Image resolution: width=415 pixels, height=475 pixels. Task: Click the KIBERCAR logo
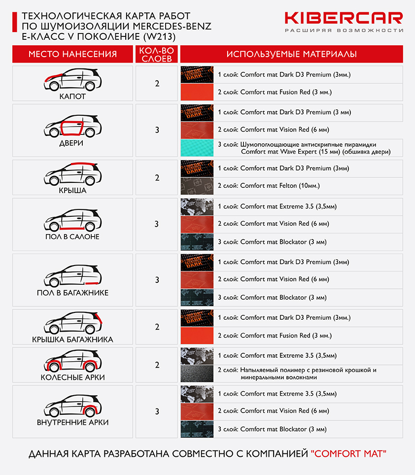pos(344,18)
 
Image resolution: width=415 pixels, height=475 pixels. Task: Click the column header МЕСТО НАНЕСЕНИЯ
pos(72,54)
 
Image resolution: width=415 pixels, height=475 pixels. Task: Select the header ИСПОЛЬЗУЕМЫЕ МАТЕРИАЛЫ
pos(291,54)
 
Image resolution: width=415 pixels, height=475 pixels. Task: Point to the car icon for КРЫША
pos(72,172)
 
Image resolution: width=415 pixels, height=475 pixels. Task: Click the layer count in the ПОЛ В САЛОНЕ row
pos(157,224)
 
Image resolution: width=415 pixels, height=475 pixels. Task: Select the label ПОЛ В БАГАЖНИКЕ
pos(72,293)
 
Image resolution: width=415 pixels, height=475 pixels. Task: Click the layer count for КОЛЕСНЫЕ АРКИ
pos(157,365)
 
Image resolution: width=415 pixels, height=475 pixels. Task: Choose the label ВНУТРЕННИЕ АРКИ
pos(72,422)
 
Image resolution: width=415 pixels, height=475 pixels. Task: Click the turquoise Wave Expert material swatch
pos(197,148)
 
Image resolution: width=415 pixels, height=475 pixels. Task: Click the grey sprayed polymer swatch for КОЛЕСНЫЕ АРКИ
pos(197,373)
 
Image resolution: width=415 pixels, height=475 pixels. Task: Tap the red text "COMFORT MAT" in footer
pos(348,453)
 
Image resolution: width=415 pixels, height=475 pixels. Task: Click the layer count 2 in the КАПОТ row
pos(157,83)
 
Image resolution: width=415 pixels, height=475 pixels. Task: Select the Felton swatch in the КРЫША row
pos(197,186)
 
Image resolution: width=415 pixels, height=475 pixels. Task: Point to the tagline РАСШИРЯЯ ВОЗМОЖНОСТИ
pos(344,31)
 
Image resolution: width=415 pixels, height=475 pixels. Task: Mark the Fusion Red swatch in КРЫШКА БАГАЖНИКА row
pos(197,336)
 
